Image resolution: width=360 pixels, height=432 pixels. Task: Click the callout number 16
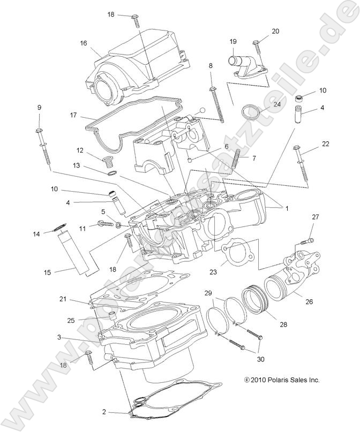pyautogui.click(x=83, y=43)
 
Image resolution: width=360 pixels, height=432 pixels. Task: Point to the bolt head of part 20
pyautogui.click(x=256, y=42)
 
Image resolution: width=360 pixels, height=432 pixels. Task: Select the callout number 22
pyautogui.click(x=326, y=144)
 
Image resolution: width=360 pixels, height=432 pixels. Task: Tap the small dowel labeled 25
pyautogui.click(x=112, y=316)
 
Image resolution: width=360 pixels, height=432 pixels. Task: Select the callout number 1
pyautogui.click(x=286, y=208)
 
